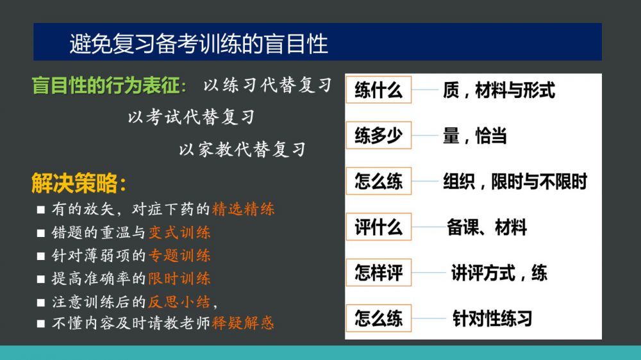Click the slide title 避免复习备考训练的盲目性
[x=199, y=44]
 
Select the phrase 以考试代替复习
[x=191, y=117]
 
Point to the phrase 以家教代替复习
[x=242, y=149]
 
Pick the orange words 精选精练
[x=243, y=209]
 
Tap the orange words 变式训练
[x=179, y=233]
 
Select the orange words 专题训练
[x=179, y=256]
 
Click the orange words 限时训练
[x=179, y=279]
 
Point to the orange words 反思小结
[x=179, y=302]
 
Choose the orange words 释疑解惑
[x=243, y=323]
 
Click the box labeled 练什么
[x=379, y=90]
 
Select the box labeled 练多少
[x=379, y=135]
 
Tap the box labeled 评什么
[x=379, y=227]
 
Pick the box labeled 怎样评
[x=379, y=272]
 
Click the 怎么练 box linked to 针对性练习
[x=379, y=318]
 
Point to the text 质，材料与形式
[x=499, y=90]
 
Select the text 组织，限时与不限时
[x=515, y=181]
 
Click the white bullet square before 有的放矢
[x=40, y=209]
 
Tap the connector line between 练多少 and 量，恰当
[x=425, y=135]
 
